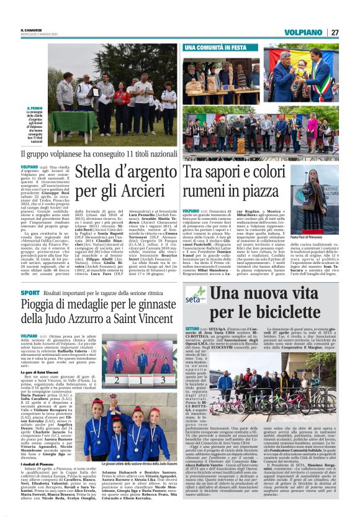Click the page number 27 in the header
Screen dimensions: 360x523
coord(335,32)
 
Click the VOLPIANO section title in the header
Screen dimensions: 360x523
coord(305,32)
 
